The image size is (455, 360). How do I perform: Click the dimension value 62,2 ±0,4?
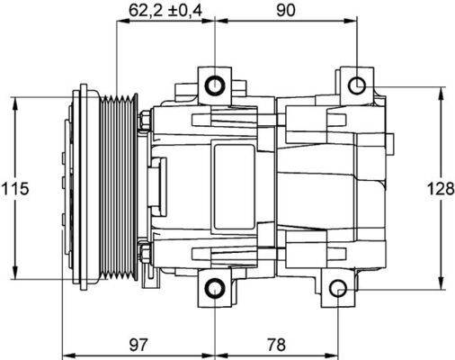tap(166, 10)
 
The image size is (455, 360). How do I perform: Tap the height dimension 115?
tap(15, 189)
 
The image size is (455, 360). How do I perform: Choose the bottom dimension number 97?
tap(137, 345)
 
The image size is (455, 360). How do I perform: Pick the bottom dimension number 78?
tap(276, 345)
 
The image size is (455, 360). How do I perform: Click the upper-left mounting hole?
tap(215, 85)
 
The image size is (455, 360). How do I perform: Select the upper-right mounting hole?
tap(357, 85)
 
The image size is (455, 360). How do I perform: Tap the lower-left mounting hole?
tap(215, 289)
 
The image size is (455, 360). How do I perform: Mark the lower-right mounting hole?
tap(337, 289)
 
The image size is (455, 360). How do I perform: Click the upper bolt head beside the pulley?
tap(145, 119)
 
